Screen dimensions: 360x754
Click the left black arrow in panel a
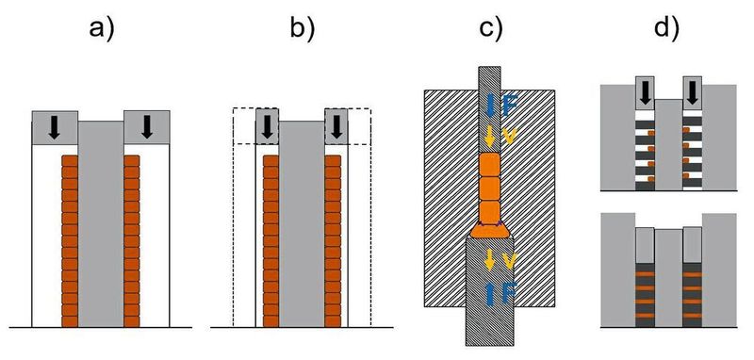click(55, 126)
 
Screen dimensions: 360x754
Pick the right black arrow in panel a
click(146, 126)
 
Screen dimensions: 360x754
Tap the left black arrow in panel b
click(268, 126)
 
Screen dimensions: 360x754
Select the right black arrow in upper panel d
click(694, 92)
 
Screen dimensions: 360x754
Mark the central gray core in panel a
click(101, 226)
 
